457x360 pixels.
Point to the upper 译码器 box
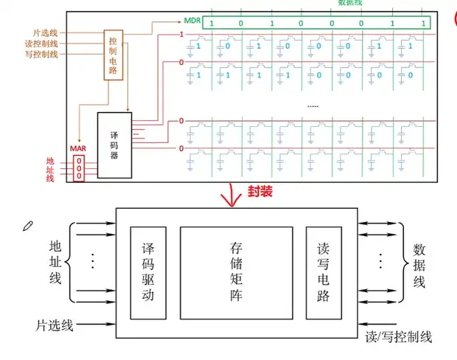coord(114,145)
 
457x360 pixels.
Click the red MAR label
coord(79,149)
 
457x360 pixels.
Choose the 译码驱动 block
coord(147,273)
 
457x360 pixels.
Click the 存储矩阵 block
coord(236,273)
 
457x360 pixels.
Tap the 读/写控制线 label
coord(399,337)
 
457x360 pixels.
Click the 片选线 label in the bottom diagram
coord(55,324)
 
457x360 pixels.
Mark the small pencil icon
coord(28,223)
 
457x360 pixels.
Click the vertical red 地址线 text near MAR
coord(50,169)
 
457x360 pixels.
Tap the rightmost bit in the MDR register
coord(422,24)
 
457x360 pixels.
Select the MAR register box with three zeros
coord(79,168)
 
